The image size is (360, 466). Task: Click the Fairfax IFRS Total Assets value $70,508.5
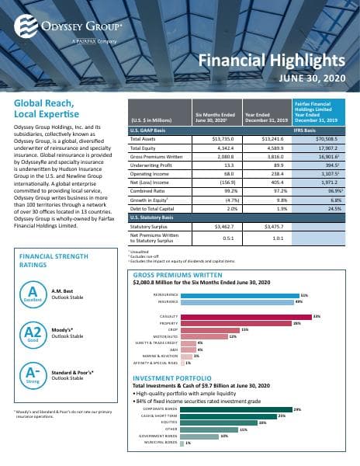click(x=328, y=137)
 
